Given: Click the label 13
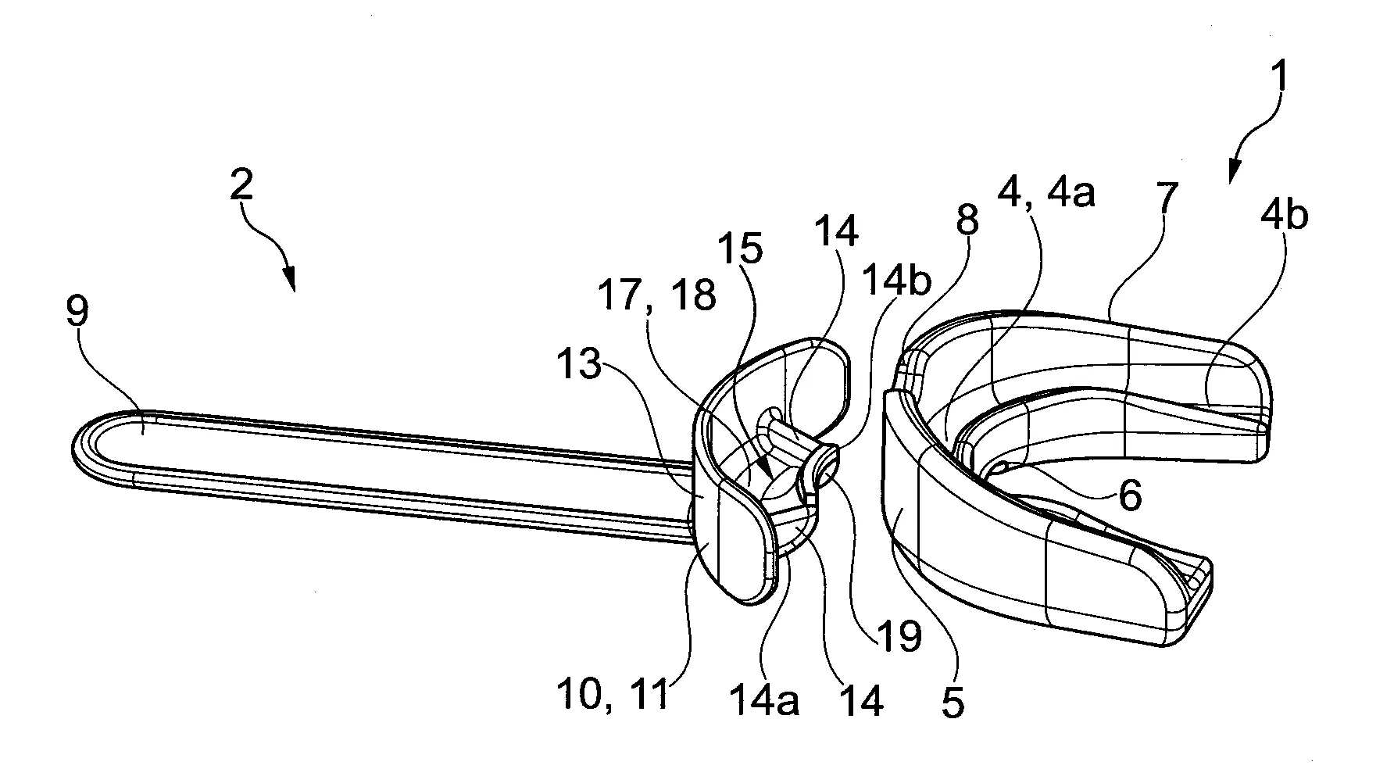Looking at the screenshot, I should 580,364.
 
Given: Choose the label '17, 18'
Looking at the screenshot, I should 656,296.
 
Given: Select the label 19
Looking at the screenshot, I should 899,636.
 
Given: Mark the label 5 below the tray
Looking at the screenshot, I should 953,702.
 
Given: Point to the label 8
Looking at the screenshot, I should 967,221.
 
